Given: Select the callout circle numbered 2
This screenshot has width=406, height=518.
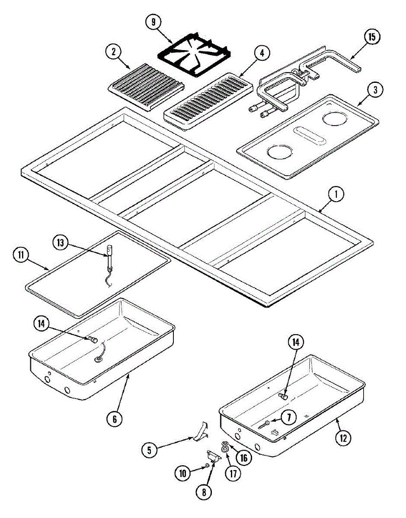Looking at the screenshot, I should pyautogui.click(x=113, y=52).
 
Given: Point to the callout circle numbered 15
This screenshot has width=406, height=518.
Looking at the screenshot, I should pyautogui.click(x=371, y=37).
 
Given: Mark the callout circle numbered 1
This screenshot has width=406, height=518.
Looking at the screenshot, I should pyautogui.click(x=336, y=195).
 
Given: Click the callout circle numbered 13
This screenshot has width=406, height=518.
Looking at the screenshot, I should pyautogui.click(x=61, y=243).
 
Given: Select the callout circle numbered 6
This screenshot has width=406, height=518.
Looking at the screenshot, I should pyautogui.click(x=114, y=418).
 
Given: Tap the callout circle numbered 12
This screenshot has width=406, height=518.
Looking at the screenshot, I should pyautogui.click(x=343, y=438).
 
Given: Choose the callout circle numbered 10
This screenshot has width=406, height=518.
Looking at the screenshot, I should pyautogui.click(x=182, y=473).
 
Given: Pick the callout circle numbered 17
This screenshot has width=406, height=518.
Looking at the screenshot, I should pyautogui.click(x=234, y=474).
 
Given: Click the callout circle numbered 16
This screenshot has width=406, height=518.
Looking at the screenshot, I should pyautogui.click(x=244, y=458).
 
